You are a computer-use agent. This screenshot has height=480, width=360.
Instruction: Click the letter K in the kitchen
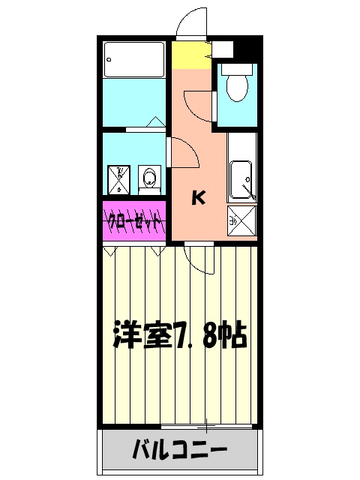198,198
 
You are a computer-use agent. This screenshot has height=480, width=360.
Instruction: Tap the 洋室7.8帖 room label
180,335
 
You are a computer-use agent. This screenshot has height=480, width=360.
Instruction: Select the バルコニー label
180,451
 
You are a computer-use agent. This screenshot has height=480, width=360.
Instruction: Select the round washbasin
150,178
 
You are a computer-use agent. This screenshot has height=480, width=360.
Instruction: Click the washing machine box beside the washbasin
118,179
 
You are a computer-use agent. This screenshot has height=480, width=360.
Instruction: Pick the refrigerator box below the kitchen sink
242,220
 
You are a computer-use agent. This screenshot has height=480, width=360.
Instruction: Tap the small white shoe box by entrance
224,50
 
